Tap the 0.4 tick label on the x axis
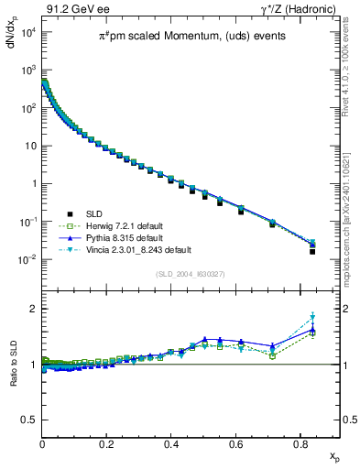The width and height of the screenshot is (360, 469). coord(170,442)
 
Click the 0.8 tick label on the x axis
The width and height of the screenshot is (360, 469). coord(299,442)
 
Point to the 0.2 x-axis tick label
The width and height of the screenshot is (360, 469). coord(106,442)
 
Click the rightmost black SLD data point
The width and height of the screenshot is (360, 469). coord(312,251)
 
